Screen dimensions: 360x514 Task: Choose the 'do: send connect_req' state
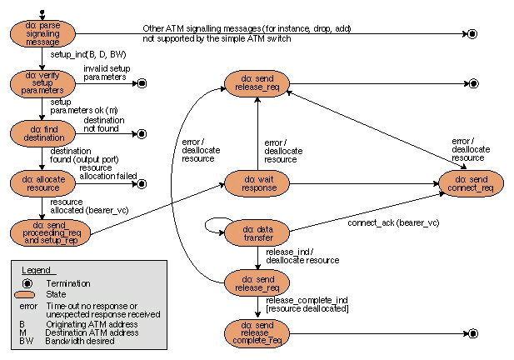point(472,182)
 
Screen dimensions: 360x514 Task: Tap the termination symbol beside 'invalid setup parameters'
point(141,83)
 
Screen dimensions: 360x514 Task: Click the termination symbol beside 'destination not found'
point(141,133)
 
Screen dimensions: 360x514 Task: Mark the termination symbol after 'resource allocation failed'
point(141,183)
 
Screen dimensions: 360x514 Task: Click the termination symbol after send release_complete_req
point(472,334)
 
